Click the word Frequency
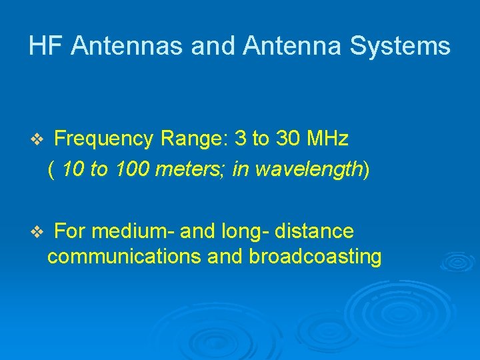(x=104, y=139)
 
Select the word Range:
(x=195, y=139)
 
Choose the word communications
(x=125, y=257)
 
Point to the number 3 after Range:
(x=241, y=139)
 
